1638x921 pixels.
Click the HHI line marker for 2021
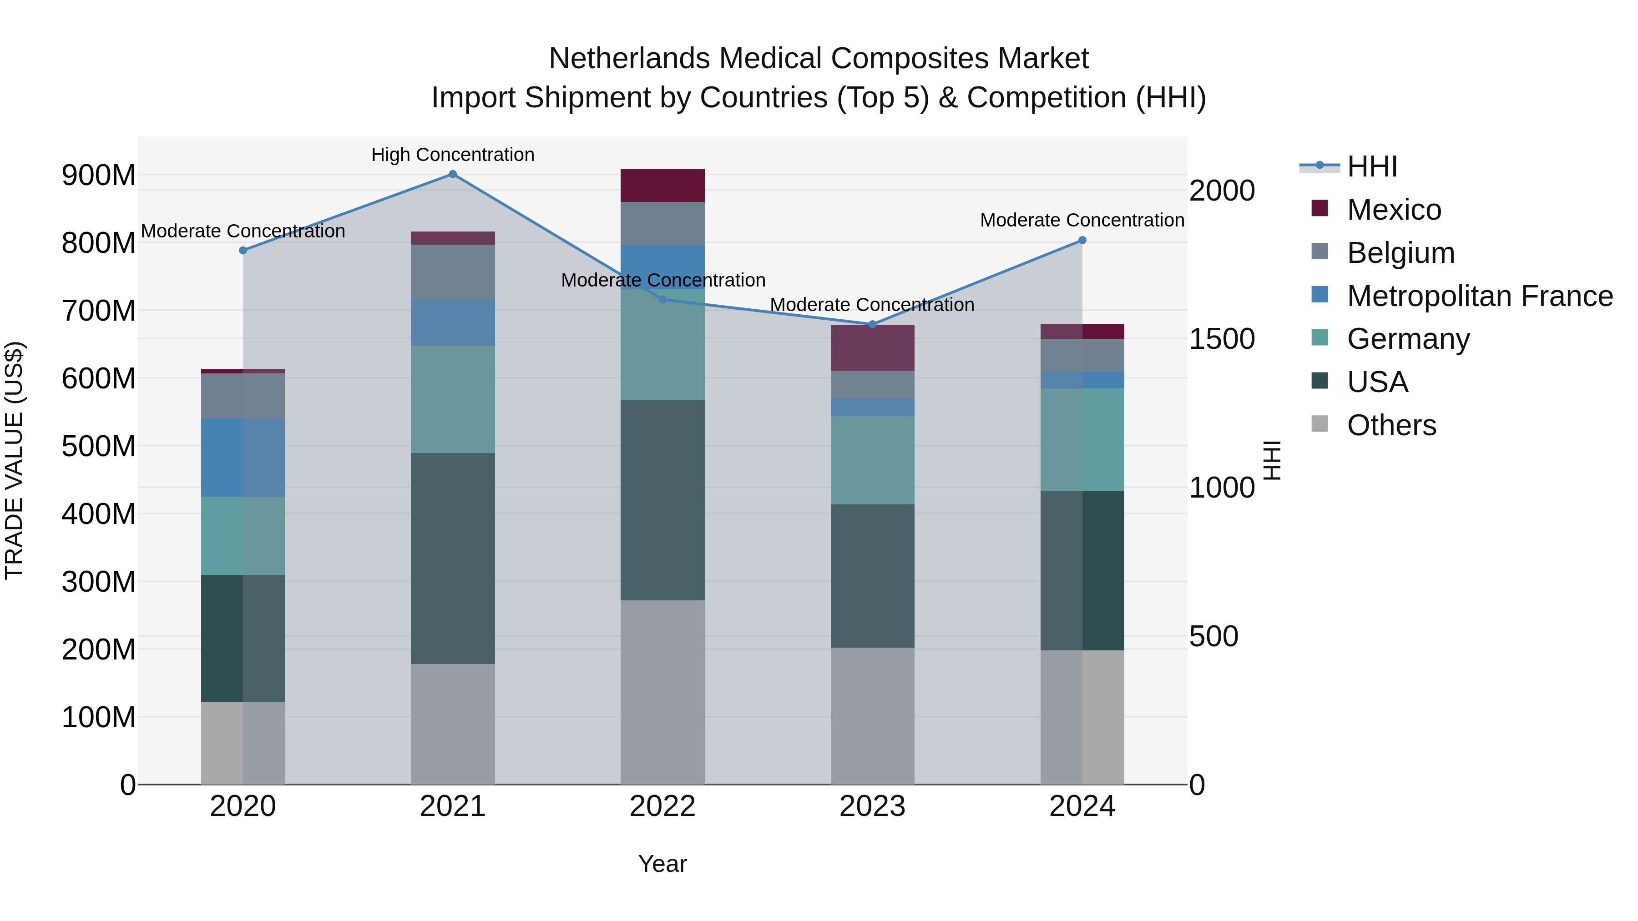click(x=452, y=174)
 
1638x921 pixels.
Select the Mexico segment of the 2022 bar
click(x=662, y=186)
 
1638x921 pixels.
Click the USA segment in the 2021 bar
click(x=452, y=558)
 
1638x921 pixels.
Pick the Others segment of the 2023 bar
click(x=872, y=716)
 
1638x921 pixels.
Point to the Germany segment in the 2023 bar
click(x=872, y=460)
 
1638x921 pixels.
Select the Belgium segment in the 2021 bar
click(x=452, y=272)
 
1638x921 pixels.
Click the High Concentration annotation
click(x=452, y=155)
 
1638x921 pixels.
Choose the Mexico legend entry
click(x=1393, y=210)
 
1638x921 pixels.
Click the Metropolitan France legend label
click(x=1480, y=296)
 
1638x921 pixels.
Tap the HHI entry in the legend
click(x=1371, y=166)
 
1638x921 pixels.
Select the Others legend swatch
click(x=1319, y=424)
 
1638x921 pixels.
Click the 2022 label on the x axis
click(x=662, y=806)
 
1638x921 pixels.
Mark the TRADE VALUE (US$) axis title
click(x=14, y=460)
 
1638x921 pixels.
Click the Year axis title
click(x=662, y=864)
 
